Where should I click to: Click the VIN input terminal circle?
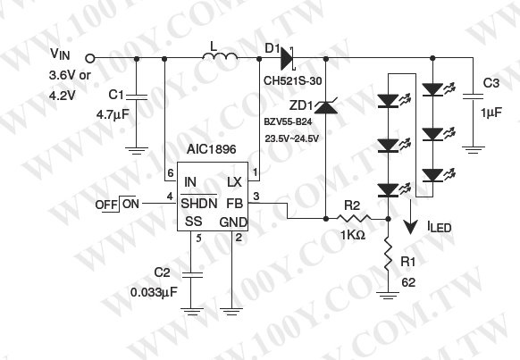89,59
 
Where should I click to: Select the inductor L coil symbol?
220,56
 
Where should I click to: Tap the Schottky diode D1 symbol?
288,59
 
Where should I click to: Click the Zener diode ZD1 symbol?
325,106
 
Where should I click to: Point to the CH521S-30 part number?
292,81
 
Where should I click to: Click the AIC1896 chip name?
211,149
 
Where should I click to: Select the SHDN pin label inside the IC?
199,203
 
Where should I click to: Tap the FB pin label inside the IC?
234,203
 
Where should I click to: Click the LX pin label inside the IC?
234,182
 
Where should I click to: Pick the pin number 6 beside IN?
171,173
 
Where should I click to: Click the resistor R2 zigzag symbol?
354,218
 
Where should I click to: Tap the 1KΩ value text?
353,235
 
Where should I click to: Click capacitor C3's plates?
473,96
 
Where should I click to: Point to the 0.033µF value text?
154,292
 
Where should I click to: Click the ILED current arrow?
411,216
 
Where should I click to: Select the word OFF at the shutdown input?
106,205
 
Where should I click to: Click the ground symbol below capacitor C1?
137,150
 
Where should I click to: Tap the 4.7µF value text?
113,115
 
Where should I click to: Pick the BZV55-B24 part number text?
288,122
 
